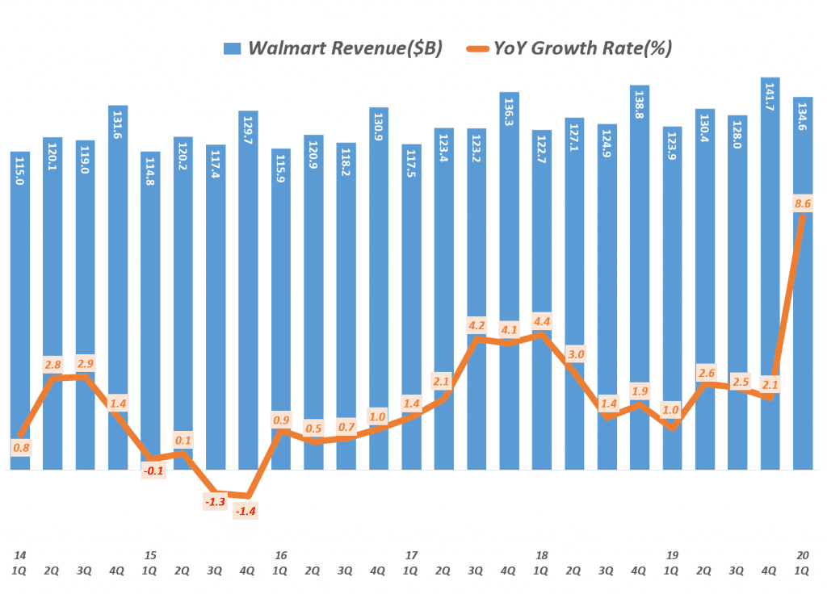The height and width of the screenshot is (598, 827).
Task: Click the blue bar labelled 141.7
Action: (x=770, y=274)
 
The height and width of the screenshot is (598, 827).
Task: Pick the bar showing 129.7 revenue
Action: (x=248, y=291)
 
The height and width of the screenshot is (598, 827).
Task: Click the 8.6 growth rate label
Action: (x=803, y=205)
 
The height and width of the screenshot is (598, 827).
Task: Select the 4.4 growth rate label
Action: (x=542, y=319)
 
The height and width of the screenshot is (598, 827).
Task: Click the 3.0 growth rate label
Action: (x=576, y=353)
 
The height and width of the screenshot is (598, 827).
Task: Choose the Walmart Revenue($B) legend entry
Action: (x=345, y=48)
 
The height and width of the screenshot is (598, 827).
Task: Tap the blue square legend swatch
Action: (x=232, y=49)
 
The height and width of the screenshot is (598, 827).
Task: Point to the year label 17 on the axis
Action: (x=411, y=555)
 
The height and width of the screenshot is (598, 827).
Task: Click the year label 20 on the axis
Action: (x=802, y=555)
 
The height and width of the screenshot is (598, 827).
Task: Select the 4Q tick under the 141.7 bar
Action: (x=770, y=570)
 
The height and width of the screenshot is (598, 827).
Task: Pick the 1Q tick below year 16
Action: (x=280, y=570)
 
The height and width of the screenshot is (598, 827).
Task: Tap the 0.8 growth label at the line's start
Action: (x=22, y=447)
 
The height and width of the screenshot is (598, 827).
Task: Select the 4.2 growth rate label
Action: (x=476, y=326)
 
